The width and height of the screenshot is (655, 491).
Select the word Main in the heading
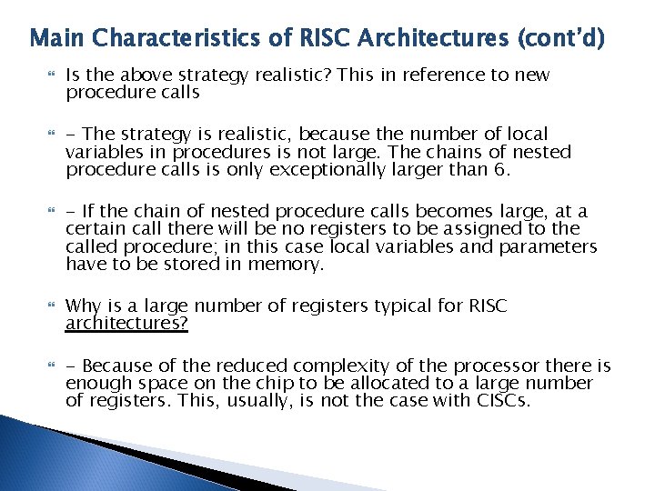click(57, 39)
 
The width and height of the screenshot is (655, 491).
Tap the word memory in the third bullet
click(292, 265)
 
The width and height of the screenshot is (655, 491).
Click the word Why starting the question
click(83, 306)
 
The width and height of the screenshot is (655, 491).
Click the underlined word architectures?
click(126, 324)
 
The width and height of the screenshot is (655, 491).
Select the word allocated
click(401, 384)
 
